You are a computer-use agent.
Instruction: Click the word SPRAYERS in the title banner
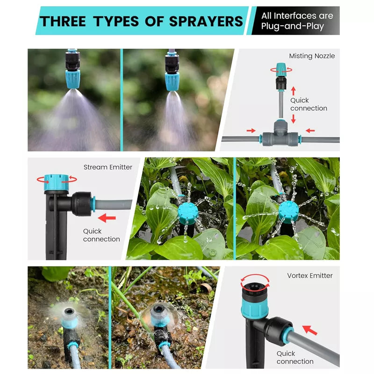coord(206,21)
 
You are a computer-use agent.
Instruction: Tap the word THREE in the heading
coord(63,21)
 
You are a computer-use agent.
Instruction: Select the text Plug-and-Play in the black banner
coord(293,26)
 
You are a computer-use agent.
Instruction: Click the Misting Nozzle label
coord(312,56)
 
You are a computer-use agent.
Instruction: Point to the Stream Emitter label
coord(108,167)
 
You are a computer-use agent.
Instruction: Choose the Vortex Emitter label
coord(309,276)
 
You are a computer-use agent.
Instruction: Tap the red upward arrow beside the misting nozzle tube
coord(294,91)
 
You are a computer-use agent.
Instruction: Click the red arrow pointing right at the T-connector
coord(251,130)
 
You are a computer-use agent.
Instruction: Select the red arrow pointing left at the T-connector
coord(310,130)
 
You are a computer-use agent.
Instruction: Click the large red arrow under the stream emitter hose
coord(107,218)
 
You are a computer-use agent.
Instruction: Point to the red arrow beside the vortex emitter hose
coord(310,330)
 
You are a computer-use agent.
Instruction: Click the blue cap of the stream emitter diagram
coord(56,182)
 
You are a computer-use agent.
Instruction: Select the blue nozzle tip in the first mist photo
coord(72,80)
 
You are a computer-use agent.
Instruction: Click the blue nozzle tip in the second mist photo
coord(172,81)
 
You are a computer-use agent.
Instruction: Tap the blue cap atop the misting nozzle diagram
coord(281,70)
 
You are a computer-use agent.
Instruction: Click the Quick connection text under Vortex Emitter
coord(295,357)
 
